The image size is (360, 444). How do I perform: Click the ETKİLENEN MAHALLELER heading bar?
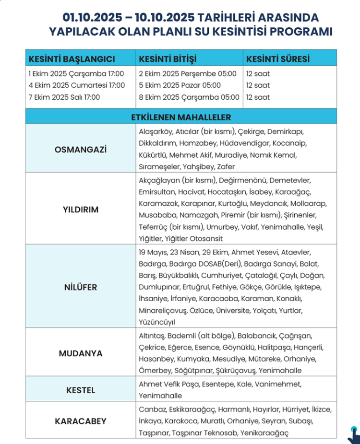tap(181, 117)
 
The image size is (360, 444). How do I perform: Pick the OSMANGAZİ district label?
tap(81, 149)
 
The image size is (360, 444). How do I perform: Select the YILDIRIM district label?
tap(81, 210)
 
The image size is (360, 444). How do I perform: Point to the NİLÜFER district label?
tap(81, 287)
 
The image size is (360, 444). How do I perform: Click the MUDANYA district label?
tap(81, 353)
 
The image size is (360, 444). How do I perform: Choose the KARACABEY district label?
tap(81, 421)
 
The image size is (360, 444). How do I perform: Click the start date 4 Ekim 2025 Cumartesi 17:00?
tap(76, 85)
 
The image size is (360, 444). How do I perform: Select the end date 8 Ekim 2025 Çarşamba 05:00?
tap(189, 97)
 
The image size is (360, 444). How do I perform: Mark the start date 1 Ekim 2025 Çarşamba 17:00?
tap(76, 74)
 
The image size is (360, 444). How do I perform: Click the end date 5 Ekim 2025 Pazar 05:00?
tap(180, 85)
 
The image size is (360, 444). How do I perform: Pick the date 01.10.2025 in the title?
tap(92, 18)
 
